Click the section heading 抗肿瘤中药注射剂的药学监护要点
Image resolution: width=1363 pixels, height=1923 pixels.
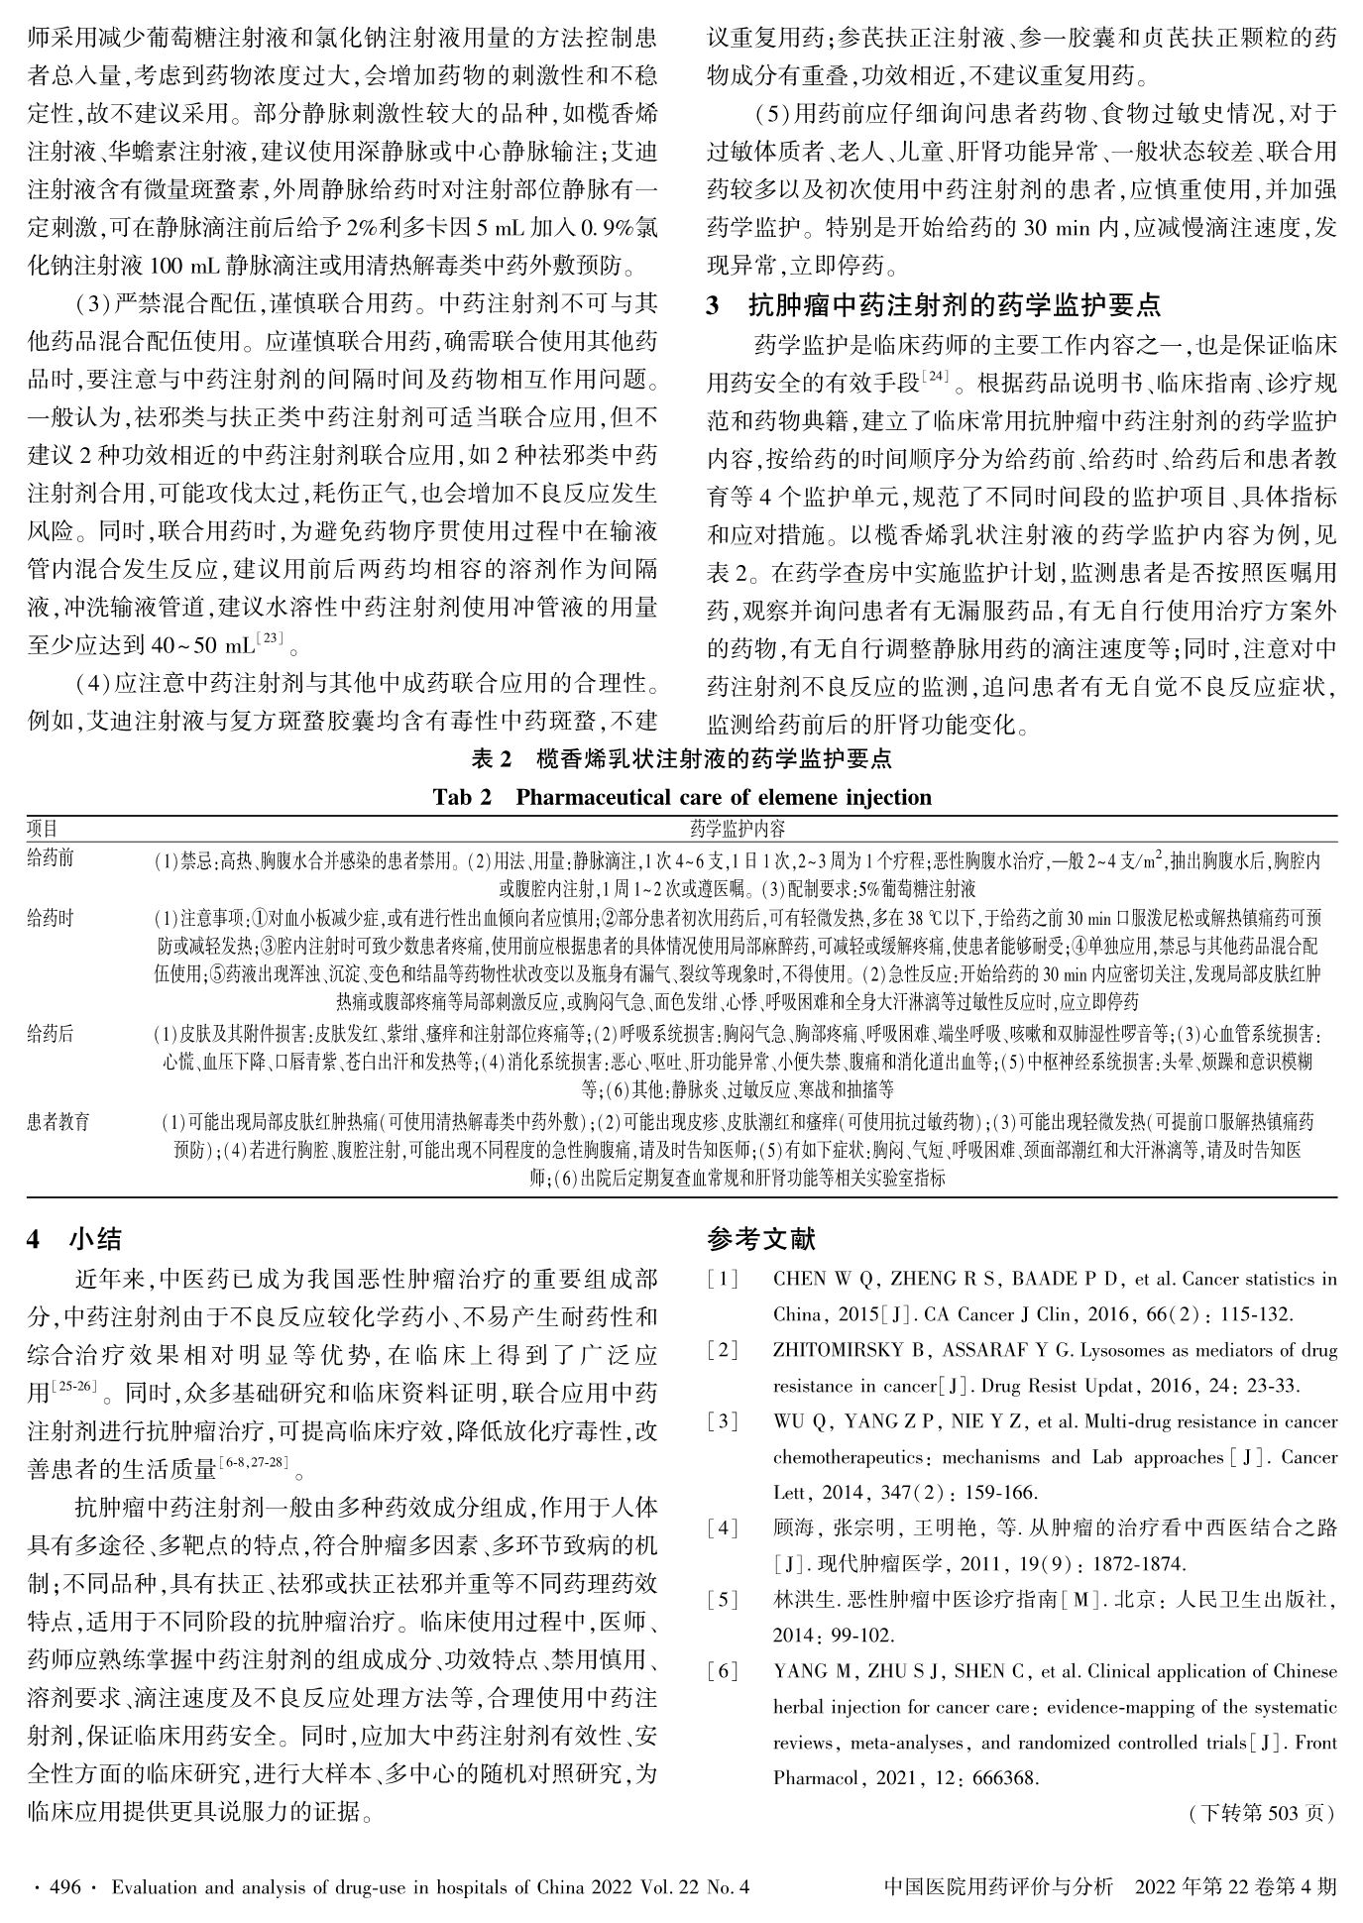954,305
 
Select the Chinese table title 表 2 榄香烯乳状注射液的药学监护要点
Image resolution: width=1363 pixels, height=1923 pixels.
681,759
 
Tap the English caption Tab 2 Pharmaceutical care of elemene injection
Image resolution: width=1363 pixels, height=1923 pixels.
682,797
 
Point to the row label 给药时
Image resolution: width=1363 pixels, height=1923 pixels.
51,919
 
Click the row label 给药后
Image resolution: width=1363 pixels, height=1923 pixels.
51,1035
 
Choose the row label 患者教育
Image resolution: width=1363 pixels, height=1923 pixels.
58,1122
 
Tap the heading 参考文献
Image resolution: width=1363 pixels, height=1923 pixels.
762,1239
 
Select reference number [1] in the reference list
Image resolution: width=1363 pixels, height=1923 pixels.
724,1280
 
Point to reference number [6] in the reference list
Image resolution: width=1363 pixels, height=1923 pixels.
724,1671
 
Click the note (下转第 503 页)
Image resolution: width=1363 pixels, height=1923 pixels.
1262,1813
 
